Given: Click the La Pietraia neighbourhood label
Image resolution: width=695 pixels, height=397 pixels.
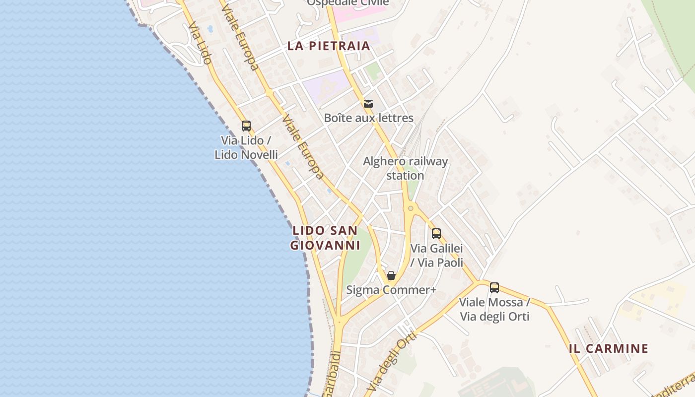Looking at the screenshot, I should (329, 46).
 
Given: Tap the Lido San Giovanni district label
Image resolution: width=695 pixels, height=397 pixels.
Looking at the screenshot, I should (325, 238).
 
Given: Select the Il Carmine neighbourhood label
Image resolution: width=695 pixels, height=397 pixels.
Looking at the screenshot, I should (609, 348).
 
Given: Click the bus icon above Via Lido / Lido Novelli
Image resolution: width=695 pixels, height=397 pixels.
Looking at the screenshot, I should (246, 126).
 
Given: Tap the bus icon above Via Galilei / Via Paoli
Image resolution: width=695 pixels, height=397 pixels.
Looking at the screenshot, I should (436, 233).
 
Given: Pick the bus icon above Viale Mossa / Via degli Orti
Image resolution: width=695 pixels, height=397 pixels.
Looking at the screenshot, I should (494, 287).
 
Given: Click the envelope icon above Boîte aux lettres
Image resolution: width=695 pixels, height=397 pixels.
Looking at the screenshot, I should (368, 103).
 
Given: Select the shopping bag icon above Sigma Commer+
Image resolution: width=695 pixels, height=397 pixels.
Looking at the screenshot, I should (391, 275).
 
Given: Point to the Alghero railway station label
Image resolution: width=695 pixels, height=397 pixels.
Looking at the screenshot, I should (405, 168).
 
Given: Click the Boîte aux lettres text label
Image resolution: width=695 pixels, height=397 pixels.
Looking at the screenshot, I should (368, 118).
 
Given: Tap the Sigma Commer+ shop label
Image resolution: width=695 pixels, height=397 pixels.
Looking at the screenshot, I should (391, 290).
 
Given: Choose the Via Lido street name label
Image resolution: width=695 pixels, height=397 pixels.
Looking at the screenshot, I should (200, 43).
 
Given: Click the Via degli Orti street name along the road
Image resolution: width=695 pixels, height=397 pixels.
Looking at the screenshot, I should (392, 361).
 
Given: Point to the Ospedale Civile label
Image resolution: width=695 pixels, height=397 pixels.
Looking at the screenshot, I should (347, 2).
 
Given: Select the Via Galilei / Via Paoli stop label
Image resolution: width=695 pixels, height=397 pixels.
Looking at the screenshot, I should (437, 255).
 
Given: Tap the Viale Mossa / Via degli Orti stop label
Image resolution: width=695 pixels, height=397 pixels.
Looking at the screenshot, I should (494, 309).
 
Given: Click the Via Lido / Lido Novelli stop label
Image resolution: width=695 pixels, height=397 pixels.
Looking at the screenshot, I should (246, 147).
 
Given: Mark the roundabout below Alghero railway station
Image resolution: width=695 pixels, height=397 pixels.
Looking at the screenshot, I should (410, 208).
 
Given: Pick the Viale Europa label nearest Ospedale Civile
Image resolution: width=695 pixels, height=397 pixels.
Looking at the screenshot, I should (240, 38).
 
